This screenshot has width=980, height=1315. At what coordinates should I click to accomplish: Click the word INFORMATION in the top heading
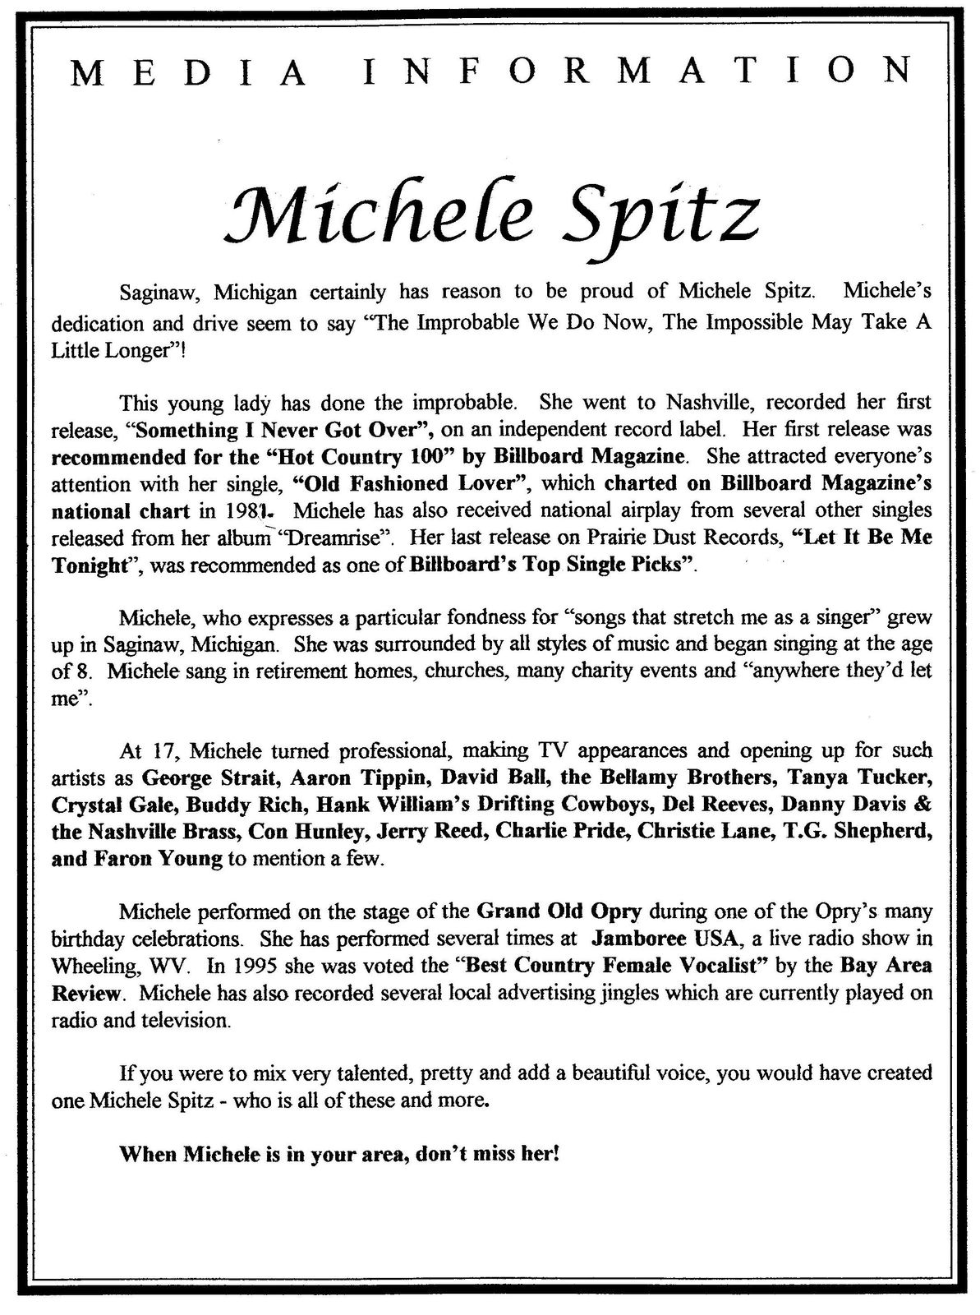coord(637,73)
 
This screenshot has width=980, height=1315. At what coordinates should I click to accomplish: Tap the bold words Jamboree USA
coord(654,938)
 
